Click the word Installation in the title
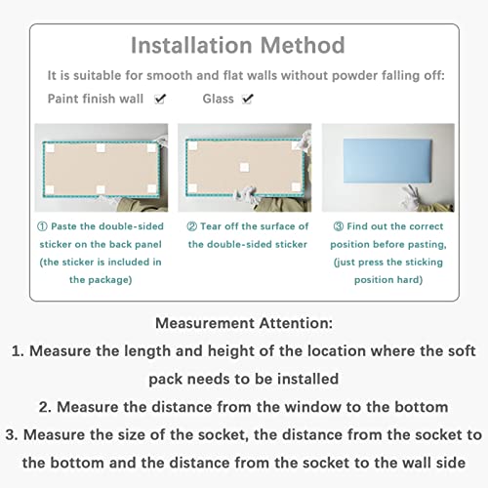[x=191, y=45]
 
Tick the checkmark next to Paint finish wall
[x=160, y=99]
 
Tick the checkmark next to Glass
[x=248, y=99]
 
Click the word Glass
[x=218, y=99]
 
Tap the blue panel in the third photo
[x=387, y=161]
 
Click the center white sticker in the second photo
[x=244, y=167]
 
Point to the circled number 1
[x=42, y=226]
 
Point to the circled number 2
[x=191, y=226]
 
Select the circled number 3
[x=339, y=226]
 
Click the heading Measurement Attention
[x=244, y=323]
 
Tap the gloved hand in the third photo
[x=412, y=196]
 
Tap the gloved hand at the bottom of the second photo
[x=246, y=194]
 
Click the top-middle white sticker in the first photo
[x=101, y=148]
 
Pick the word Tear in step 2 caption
[x=211, y=226]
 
